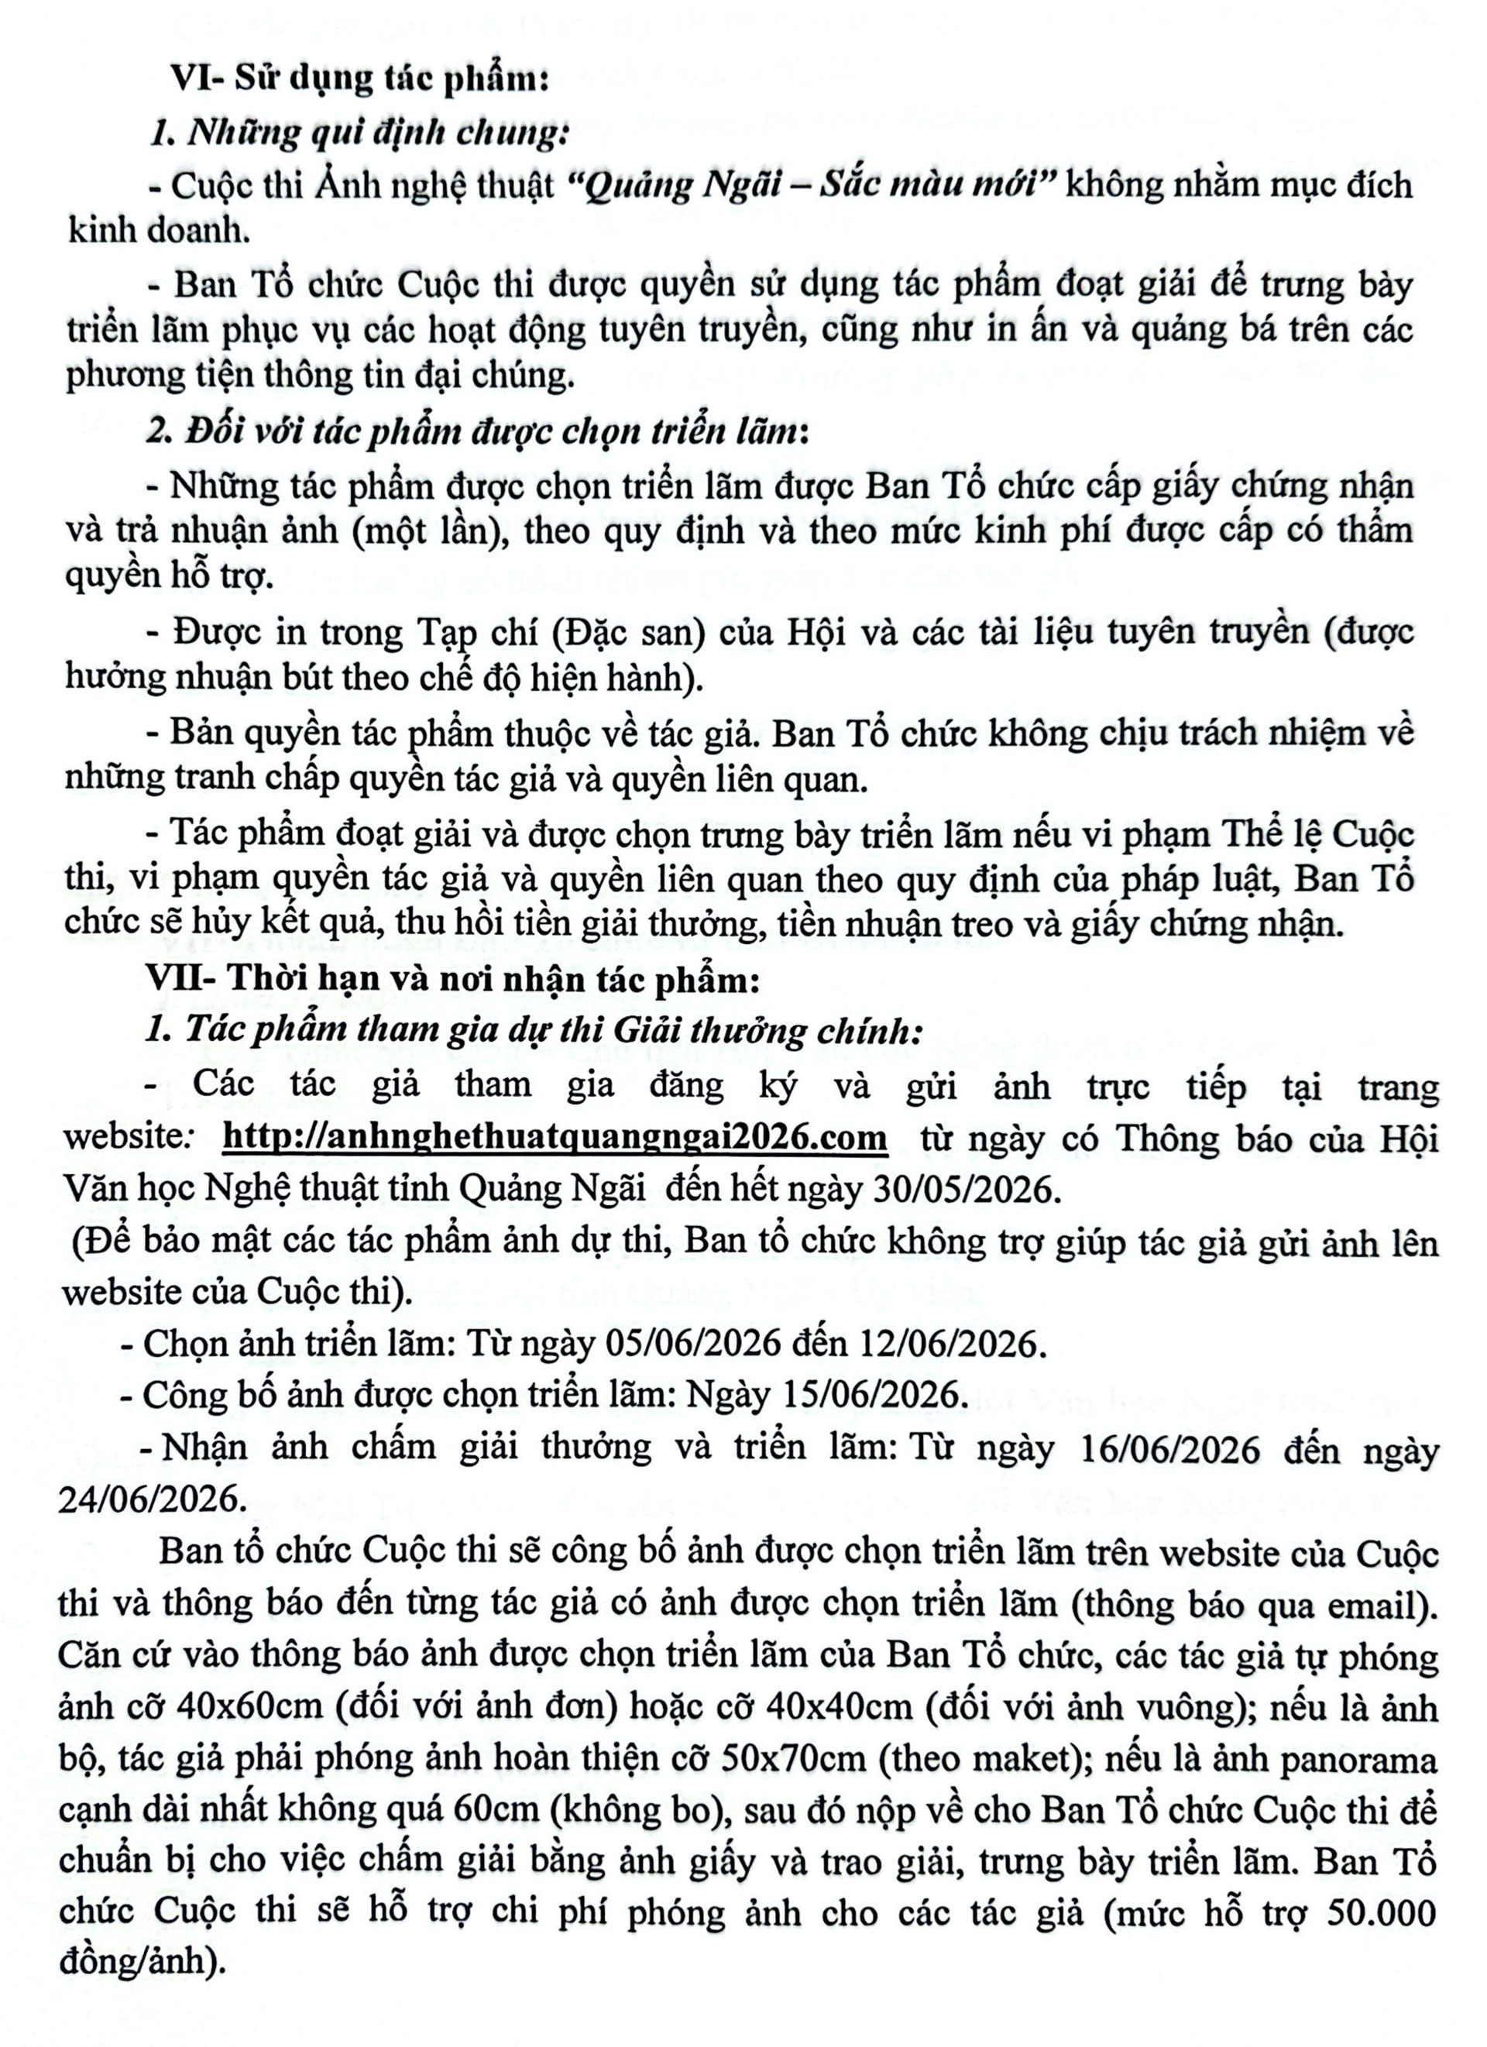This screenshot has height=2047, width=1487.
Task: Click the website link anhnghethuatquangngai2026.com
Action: [554, 1137]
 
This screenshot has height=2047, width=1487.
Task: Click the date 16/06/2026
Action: [1169, 1448]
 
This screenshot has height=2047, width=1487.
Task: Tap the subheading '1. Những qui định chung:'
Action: [359, 132]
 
